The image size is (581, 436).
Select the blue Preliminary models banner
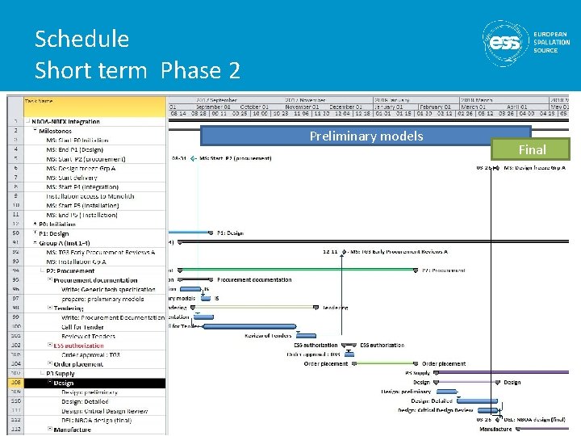pyautogui.click(x=366, y=136)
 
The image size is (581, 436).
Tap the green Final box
pyautogui.click(x=532, y=149)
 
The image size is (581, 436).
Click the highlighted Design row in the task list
pyautogui.click(x=74, y=384)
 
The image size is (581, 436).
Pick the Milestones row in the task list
pyautogui.click(x=55, y=131)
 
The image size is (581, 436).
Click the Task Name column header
pyautogui.click(x=40, y=101)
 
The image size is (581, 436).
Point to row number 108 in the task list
pyautogui.click(x=15, y=384)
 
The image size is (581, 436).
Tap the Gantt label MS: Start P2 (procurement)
pyautogui.click(x=235, y=159)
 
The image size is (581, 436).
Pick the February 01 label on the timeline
pyautogui.click(x=436, y=107)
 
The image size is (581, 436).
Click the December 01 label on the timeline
pyautogui.click(x=346, y=107)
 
